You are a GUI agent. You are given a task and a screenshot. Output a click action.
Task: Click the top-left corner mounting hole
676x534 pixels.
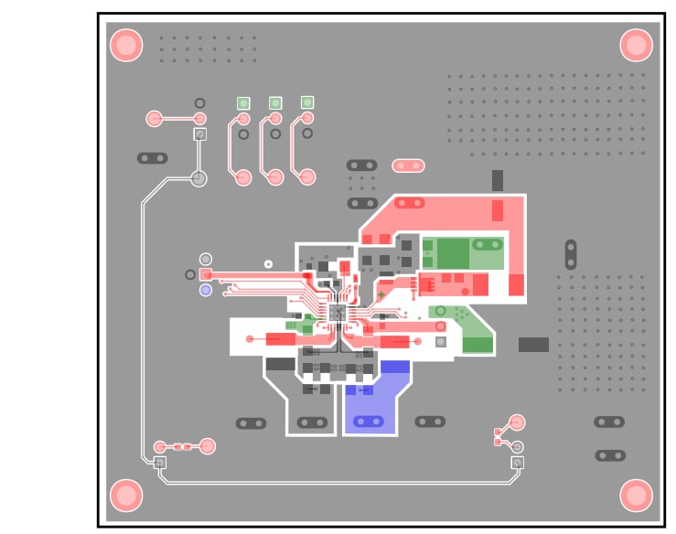click(126, 45)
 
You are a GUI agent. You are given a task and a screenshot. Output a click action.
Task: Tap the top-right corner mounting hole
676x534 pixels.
click(636, 45)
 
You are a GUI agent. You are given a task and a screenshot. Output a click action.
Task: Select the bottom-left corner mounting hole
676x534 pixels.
click(126, 495)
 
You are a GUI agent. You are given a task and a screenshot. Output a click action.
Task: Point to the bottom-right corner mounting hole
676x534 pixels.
click(636, 495)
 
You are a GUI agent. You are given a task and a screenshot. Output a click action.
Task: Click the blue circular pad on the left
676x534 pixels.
click(206, 290)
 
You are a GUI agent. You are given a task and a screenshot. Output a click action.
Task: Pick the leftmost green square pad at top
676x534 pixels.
click(243, 103)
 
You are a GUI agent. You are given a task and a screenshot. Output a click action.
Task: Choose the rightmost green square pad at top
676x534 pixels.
click(307, 102)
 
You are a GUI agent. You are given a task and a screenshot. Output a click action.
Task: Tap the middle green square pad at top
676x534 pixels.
click(275, 102)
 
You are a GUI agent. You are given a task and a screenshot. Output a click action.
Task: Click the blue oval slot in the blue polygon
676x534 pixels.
click(369, 422)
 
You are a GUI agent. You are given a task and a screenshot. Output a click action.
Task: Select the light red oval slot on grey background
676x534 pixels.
click(408, 166)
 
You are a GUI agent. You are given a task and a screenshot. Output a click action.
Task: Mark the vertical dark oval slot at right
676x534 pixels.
click(571, 254)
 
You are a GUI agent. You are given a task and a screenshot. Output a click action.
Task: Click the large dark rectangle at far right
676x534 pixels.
click(533, 345)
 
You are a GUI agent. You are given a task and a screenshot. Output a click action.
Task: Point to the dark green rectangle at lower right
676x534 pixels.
click(477, 345)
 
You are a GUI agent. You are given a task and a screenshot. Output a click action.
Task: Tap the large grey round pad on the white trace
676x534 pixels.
click(199, 178)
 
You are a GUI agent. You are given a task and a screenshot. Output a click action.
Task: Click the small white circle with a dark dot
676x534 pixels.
click(268, 263)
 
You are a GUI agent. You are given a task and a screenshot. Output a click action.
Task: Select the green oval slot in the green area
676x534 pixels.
click(488, 244)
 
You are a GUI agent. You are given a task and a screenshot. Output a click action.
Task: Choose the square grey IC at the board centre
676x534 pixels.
click(337, 314)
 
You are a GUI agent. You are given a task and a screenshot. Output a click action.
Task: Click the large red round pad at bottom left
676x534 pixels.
click(208, 446)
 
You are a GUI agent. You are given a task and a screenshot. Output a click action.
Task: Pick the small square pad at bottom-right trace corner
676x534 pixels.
click(517, 463)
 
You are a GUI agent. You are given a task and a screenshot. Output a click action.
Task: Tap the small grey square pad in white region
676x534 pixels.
click(441, 342)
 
